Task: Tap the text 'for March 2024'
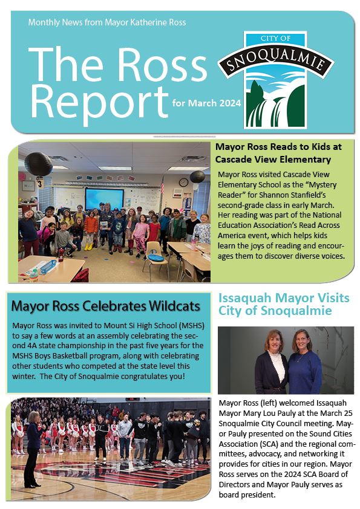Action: coord(206,103)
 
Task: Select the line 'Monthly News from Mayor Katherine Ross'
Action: coord(107,22)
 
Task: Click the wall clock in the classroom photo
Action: coord(183,182)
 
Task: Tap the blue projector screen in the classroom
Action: coord(104,199)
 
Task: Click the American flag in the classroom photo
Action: coord(162,185)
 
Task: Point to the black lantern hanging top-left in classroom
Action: coord(38,164)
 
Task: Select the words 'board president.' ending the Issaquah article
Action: coord(247,495)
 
